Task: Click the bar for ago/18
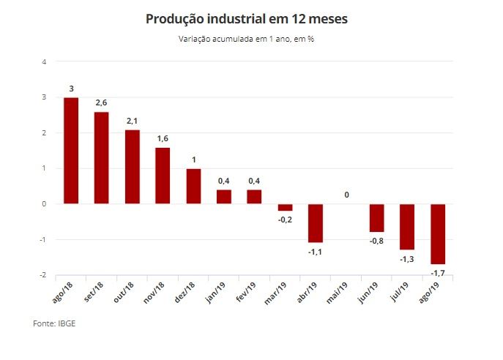[71, 151]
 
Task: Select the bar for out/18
[132, 167]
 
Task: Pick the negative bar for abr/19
[316, 223]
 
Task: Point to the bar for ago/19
[438, 234]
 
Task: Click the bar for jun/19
[377, 218]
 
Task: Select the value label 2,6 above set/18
[102, 103]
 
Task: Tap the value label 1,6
[163, 139]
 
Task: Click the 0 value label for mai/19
[346, 195]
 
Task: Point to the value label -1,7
[438, 274]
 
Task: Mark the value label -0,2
[285, 220]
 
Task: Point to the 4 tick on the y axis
[45, 61]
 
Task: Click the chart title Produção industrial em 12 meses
[247, 18]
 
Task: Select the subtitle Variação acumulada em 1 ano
[246, 38]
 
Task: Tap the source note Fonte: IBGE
[54, 323]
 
